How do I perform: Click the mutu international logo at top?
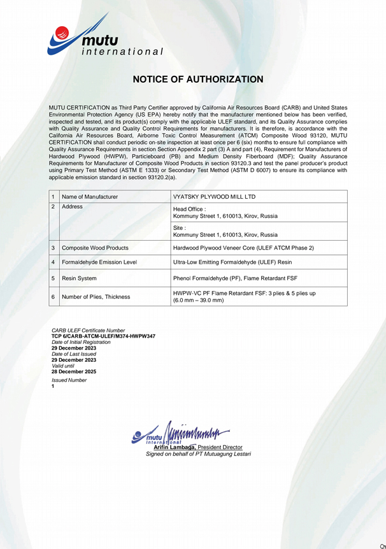point(105,40)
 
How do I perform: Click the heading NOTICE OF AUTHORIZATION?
point(197,80)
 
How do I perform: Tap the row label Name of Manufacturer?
point(90,197)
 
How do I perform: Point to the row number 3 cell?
point(54,247)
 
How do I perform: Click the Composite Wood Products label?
point(95,247)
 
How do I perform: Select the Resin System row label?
point(81,278)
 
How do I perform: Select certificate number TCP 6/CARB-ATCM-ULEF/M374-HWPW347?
point(103,336)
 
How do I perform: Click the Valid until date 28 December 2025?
point(74,371)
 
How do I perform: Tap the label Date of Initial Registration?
point(81,342)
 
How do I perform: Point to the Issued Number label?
point(69,380)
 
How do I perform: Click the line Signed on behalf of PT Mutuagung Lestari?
point(199,454)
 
